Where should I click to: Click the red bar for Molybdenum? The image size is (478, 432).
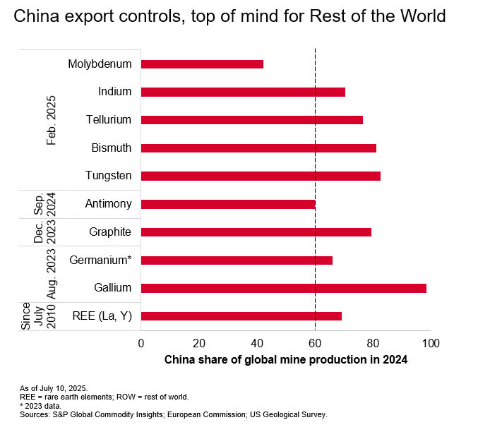(202, 64)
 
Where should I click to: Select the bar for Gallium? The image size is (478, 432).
(283, 288)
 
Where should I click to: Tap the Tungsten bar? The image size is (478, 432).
(261, 176)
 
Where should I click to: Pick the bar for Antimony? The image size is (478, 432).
(228, 204)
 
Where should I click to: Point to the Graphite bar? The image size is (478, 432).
(256, 232)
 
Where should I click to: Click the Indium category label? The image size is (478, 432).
(115, 92)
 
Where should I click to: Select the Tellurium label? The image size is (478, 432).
(109, 120)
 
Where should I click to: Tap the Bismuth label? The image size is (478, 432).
(112, 148)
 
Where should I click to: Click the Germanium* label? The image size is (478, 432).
(100, 260)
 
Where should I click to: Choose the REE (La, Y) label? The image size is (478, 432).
(102, 316)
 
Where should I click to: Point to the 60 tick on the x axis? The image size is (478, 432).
(315, 343)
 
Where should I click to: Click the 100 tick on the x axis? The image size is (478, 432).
(431, 343)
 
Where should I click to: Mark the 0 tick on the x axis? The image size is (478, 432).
(141, 343)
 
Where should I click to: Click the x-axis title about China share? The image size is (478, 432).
(286, 359)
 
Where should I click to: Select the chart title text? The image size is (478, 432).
(230, 17)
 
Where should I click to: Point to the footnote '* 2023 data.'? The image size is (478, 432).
(40, 406)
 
